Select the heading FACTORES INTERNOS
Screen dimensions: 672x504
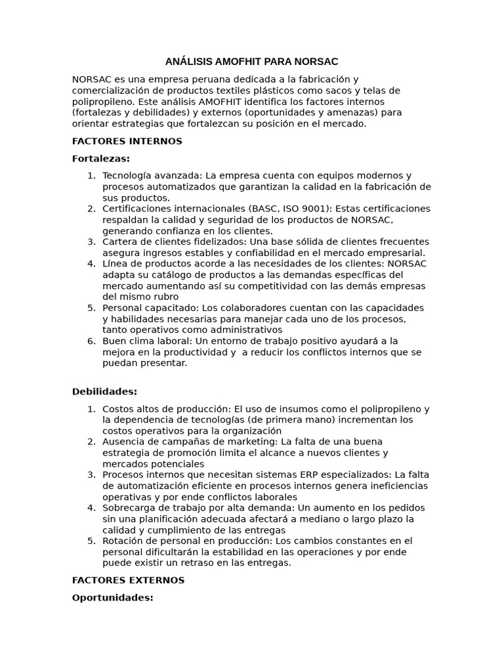click(127, 141)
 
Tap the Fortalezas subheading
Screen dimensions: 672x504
click(100, 158)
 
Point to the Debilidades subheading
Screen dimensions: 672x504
click(104, 392)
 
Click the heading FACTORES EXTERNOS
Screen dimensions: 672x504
click(128, 580)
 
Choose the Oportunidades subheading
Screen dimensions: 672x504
click(112, 597)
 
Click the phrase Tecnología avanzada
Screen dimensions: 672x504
click(152, 175)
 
